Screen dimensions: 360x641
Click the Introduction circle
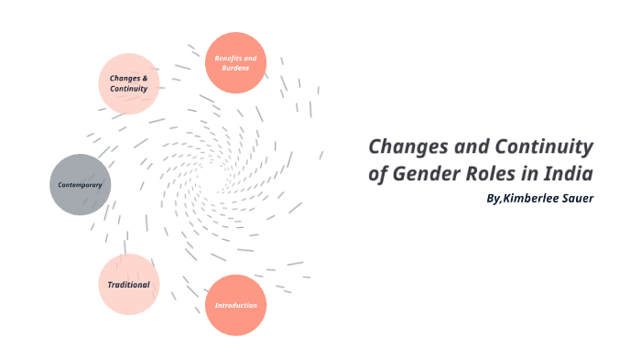(x=235, y=305)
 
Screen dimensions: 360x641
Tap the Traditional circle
(x=129, y=284)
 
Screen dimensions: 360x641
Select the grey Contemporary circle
(x=80, y=185)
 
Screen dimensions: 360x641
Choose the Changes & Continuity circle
(x=129, y=83)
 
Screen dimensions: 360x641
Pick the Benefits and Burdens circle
(x=235, y=63)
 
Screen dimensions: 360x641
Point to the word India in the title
(x=570, y=174)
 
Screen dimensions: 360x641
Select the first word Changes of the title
(x=405, y=147)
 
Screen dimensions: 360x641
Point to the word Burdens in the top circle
(x=235, y=69)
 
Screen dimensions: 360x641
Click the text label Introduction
(x=235, y=305)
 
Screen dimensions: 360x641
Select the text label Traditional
(x=129, y=284)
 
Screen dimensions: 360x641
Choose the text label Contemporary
(x=80, y=185)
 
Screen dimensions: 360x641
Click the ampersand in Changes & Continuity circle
(x=146, y=78)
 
